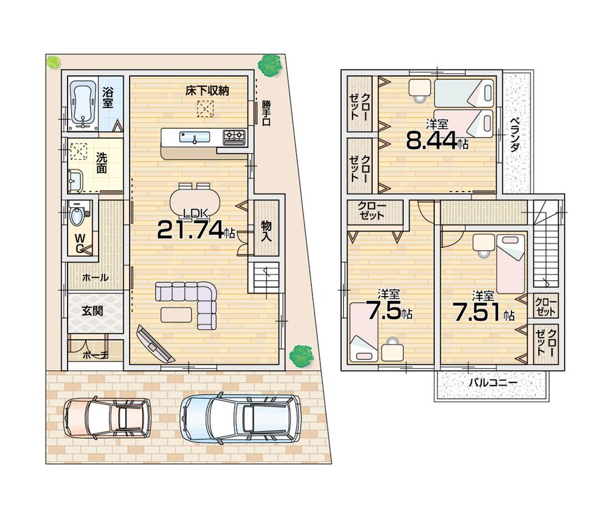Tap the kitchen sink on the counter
point(194,137)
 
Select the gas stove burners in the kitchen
point(234,137)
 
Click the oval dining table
point(194,200)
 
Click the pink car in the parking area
point(108,418)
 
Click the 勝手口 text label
point(266,112)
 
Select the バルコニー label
point(492,383)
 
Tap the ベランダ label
point(514,134)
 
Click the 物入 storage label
point(266,230)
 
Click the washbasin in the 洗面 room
point(75,180)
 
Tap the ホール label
point(95,277)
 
